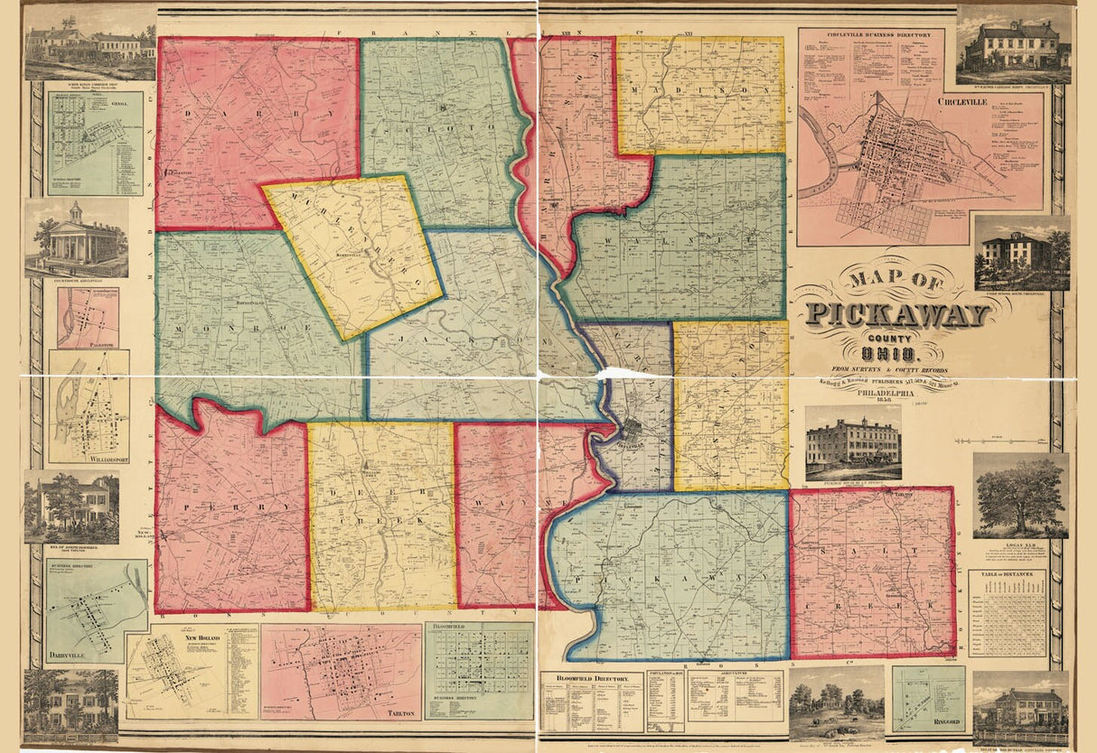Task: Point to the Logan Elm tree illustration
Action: click(1019, 496)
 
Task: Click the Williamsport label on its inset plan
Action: click(87, 458)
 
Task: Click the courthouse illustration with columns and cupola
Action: click(78, 237)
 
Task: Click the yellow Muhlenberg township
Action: click(355, 254)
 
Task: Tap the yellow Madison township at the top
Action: click(701, 92)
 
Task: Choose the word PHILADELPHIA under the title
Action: click(904, 393)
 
